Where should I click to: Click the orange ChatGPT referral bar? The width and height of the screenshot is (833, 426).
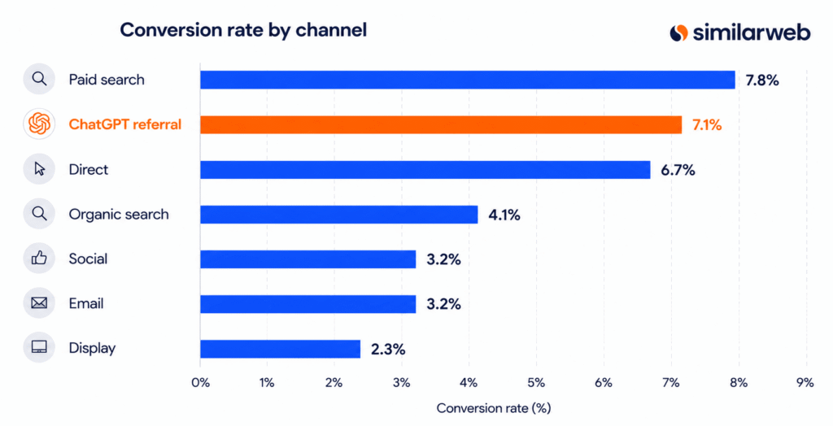pyautogui.click(x=441, y=125)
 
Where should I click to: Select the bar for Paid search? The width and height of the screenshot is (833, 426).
pyautogui.click(x=468, y=80)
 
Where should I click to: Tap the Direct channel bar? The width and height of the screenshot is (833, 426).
pyautogui.click(x=425, y=169)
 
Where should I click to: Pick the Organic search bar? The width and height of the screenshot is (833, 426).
pyautogui.click(x=339, y=215)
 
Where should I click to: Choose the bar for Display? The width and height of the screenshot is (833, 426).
pyautogui.click(x=280, y=349)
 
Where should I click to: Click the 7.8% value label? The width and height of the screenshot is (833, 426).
pyautogui.click(x=762, y=80)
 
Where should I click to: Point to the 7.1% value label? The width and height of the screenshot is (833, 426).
pyautogui.click(x=707, y=125)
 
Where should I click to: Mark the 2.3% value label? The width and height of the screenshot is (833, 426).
pyautogui.click(x=388, y=350)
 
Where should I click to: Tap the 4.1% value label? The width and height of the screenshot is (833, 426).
pyautogui.click(x=504, y=215)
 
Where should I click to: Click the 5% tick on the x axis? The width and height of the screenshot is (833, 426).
pyautogui.click(x=536, y=382)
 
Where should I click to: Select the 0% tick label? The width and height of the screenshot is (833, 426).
pyautogui.click(x=200, y=382)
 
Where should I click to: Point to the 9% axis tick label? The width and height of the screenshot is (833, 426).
pyautogui.click(x=805, y=382)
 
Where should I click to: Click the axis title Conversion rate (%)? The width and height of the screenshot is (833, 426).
pyautogui.click(x=494, y=408)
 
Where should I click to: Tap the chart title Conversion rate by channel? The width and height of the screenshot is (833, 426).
pyautogui.click(x=243, y=30)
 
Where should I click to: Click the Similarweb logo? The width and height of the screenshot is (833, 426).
pyautogui.click(x=740, y=33)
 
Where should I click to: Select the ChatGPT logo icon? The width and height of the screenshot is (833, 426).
pyautogui.click(x=39, y=124)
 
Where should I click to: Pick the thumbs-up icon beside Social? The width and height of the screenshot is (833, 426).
pyautogui.click(x=39, y=259)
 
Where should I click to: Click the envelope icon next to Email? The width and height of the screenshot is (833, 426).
pyautogui.click(x=39, y=303)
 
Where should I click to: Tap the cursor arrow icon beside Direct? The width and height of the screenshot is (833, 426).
pyautogui.click(x=39, y=169)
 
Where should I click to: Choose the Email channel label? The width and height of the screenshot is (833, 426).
pyautogui.click(x=86, y=304)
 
